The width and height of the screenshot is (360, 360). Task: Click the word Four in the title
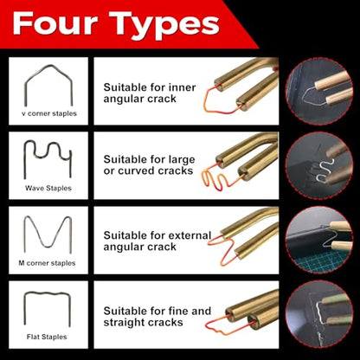point(55,23)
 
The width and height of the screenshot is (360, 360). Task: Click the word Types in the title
point(164,26)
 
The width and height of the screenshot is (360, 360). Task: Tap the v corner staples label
point(49,113)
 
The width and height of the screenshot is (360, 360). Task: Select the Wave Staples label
point(48,188)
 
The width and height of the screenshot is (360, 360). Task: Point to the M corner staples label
point(47,263)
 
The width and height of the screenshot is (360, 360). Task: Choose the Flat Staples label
point(47,337)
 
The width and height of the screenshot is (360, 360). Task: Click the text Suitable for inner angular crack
point(150,93)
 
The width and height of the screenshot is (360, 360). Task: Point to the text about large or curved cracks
point(149,165)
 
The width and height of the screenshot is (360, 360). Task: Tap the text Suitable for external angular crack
point(157,241)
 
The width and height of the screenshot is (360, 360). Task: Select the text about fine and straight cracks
point(157,317)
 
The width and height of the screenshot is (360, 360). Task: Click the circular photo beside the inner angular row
point(319,91)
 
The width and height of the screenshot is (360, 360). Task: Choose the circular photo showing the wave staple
point(319,165)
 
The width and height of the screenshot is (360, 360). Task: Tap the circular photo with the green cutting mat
point(319,240)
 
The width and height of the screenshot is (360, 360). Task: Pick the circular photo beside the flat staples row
point(319,315)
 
